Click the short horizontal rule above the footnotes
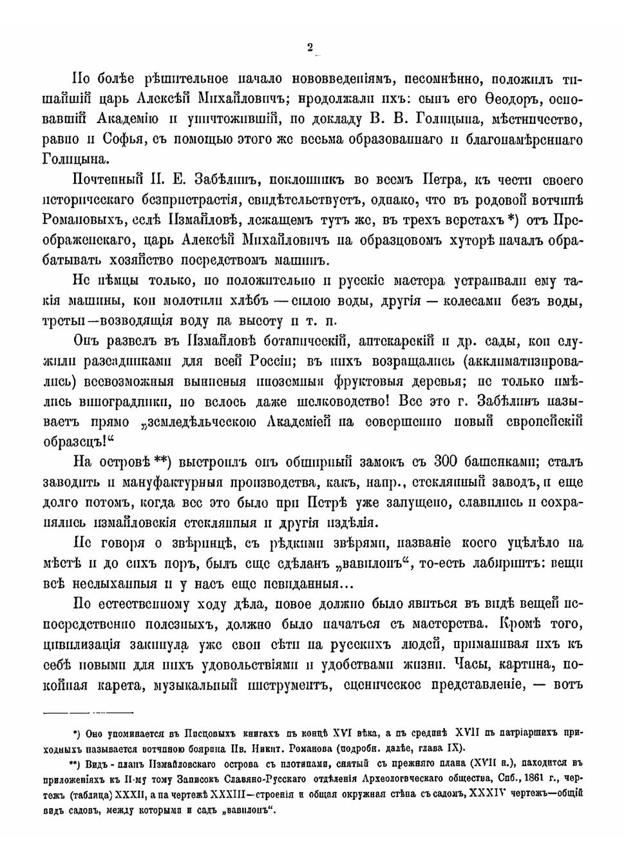click(88, 711)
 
